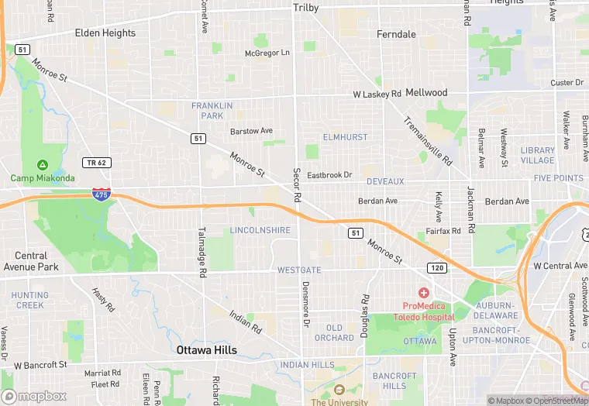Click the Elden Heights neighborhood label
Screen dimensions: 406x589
pyautogui.click(x=105, y=33)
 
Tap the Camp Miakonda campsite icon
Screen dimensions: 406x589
pyautogui.click(x=41, y=165)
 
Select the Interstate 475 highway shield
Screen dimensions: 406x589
pyautogui.click(x=100, y=194)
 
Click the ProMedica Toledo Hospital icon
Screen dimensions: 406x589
pyautogui.click(x=424, y=292)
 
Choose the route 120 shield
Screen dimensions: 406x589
pyautogui.click(x=436, y=267)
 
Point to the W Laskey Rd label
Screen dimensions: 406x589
pyautogui.click(x=377, y=95)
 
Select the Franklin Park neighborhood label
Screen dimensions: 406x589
pyautogui.click(x=207, y=110)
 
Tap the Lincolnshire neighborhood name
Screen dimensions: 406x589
pyautogui.click(x=260, y=230)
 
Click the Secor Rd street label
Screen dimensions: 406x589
pyautogui.click(x=297, y=184)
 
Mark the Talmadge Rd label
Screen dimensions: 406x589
pyautogui.click(x=201, y=253)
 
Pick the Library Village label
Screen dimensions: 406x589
pyautogui.click(x=538, y=155)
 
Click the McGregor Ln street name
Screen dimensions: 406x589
pyautogui.click(x=267, y=53)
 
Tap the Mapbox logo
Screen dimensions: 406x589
pyautogui.click(x=34, y=396)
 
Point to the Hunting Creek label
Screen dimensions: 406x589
pyautogui.click(x=29, y=300)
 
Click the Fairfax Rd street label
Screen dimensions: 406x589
pyautogui.click(x=443, y=231)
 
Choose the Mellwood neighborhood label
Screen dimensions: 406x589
pyautogui.click(x=426, y=93)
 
